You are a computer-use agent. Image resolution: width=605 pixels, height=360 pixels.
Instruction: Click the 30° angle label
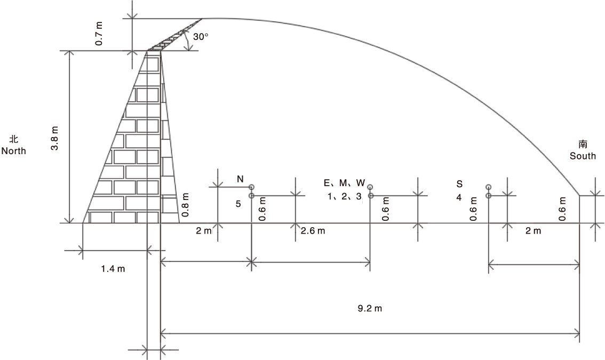coord(201,37)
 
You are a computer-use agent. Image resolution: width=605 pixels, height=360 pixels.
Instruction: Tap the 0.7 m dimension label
coord(99,34)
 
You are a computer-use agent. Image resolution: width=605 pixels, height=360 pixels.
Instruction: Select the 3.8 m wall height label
coord(55,138)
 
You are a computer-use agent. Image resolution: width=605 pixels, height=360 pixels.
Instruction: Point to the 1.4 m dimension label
coord(113,269)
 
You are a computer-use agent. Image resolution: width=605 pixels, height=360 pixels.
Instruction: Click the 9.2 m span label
coord(370,308)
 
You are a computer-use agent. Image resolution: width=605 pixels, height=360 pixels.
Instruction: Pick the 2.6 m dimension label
coord(313,231)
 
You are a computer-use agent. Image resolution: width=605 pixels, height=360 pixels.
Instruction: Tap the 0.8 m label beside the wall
coord(185,204)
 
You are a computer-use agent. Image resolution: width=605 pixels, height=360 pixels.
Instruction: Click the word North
coord(13,150)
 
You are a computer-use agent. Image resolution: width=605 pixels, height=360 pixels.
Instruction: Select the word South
coord(583,156)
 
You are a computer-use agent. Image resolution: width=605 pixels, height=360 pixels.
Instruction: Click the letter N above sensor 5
coord(240,179)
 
